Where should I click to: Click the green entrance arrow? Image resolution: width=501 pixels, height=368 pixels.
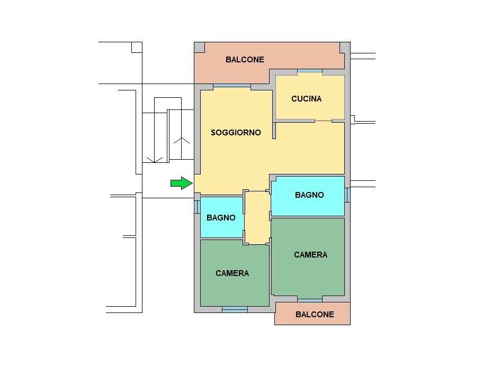click(181, 183)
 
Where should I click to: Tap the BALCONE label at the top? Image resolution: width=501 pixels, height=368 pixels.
click(245, 60)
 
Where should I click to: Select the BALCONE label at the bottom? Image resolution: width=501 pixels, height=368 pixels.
click(315, 314)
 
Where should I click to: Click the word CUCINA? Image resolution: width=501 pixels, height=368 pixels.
click(306, 98)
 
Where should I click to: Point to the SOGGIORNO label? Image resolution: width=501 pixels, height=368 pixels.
click(236, 133)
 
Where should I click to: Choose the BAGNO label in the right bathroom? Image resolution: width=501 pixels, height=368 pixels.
click(309, 195)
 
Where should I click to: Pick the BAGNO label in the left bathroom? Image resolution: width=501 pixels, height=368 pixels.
click(221, 218)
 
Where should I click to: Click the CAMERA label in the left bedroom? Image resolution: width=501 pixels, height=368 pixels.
click(232, 273)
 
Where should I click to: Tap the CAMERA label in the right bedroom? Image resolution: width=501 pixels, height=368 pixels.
click(310, 255)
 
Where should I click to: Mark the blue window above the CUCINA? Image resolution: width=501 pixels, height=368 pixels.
click(309, 71)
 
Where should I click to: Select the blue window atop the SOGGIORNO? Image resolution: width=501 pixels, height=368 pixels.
click(231, 86)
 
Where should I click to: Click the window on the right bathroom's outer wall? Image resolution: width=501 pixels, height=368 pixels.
click(347, 195)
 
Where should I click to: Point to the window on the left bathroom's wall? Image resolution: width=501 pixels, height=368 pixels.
click(197, 206)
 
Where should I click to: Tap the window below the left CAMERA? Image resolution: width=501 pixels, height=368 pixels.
click(235, 309)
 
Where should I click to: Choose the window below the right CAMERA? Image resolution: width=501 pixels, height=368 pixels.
click(310, 300)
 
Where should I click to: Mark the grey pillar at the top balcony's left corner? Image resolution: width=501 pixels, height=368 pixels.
click(199, 48)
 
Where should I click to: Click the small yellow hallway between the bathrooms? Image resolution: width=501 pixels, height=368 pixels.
click(257, 217)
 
